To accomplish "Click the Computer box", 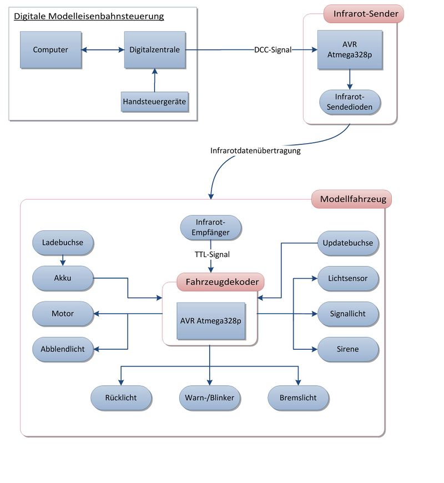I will [51, 50].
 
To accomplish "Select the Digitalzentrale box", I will [154, 50].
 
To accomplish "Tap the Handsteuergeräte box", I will [154, 102].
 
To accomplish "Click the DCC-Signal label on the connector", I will [273, 50].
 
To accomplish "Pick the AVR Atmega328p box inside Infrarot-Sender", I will [350, 50].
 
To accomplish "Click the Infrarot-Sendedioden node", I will [350, 101].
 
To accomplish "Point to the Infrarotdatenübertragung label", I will [255, 150].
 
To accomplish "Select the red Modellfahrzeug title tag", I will [352, 198].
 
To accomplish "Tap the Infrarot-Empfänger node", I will [211, 228].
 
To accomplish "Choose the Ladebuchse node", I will [63, 242].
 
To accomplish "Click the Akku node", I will [63, 278].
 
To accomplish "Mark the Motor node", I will [63, 314].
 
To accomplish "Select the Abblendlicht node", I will [63, 349].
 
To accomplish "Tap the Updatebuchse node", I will [348, 243].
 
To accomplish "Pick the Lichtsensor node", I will [348, 278].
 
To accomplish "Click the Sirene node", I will [348, 349].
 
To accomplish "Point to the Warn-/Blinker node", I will [210, 398].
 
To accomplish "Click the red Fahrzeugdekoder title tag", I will [221, 282].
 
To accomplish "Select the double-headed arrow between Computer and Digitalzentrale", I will [103, 50].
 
